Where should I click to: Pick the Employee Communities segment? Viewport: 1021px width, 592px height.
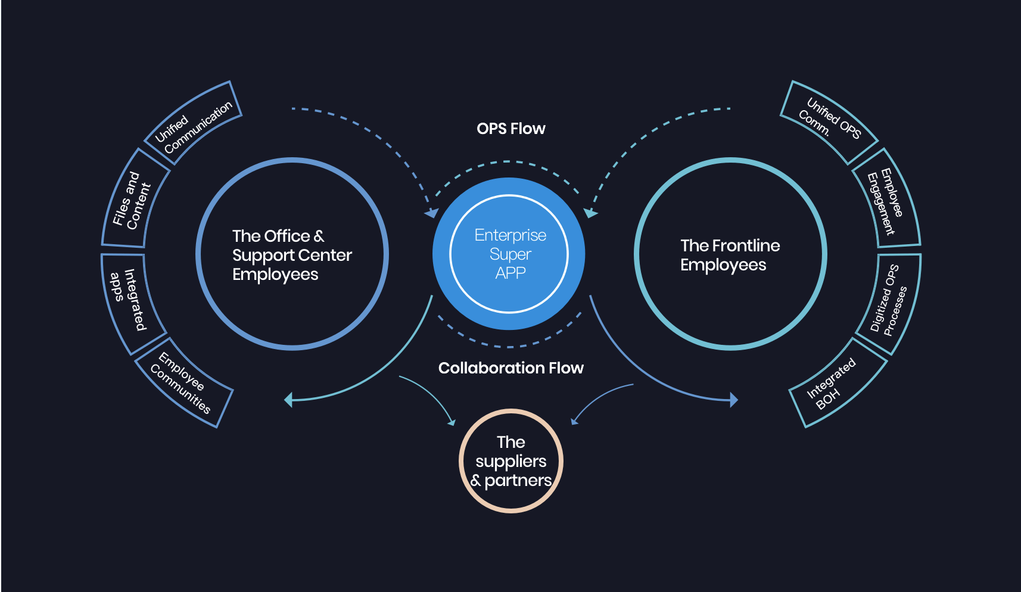click(x=183, y=382)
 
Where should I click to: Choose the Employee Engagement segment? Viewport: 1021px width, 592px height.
click(x=886, y=200)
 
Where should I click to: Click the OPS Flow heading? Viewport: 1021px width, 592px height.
click(x=510, y=129)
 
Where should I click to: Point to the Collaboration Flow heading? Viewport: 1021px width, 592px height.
click(x=510, y=368)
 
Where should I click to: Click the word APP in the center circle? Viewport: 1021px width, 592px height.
click(x=510, y=273)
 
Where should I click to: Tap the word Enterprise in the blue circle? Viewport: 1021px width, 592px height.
click(x=510, y=235)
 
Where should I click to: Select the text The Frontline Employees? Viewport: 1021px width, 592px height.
click(x=730, y=255)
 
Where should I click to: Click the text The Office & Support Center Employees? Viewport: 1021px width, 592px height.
click(x=292, y=255)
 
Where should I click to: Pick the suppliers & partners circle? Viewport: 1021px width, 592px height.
click(x=511, y=461)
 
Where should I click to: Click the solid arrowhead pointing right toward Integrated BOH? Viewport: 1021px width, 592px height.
click(x=734, y=400)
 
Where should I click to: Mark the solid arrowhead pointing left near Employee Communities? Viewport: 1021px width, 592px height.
click(x=288, y=400)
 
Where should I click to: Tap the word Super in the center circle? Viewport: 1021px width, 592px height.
click(x=510, y=255)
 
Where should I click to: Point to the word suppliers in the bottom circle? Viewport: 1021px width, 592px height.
click(x=511, y=462)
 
